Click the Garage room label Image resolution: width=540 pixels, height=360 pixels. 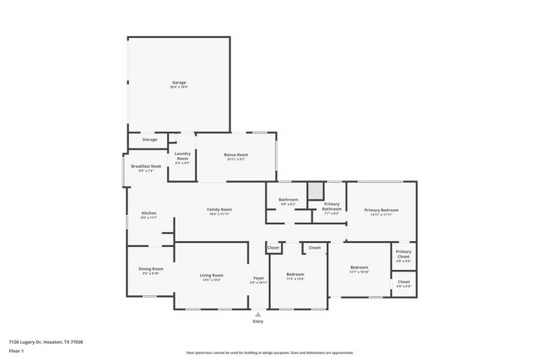(178, 83)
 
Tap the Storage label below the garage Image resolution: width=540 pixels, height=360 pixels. (149, 139)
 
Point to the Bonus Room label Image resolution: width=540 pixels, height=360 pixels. (236, 155)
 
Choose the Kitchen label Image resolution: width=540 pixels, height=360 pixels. (148, 213)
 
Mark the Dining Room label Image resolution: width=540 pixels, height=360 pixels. (150, 270)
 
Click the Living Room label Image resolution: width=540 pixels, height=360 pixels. (211, 276)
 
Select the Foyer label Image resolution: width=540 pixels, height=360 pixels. (258, 279)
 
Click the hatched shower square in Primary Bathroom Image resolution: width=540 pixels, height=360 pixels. (316, 191)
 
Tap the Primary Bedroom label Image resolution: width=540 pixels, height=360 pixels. (381, 210)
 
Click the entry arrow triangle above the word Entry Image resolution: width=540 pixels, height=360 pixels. (258, 313)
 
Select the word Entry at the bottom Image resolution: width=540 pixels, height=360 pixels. (258, 322)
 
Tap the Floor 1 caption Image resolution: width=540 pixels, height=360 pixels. (16, 350)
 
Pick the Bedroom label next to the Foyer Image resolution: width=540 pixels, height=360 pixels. (294, 275)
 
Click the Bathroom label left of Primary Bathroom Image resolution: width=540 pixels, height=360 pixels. (287, 200)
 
